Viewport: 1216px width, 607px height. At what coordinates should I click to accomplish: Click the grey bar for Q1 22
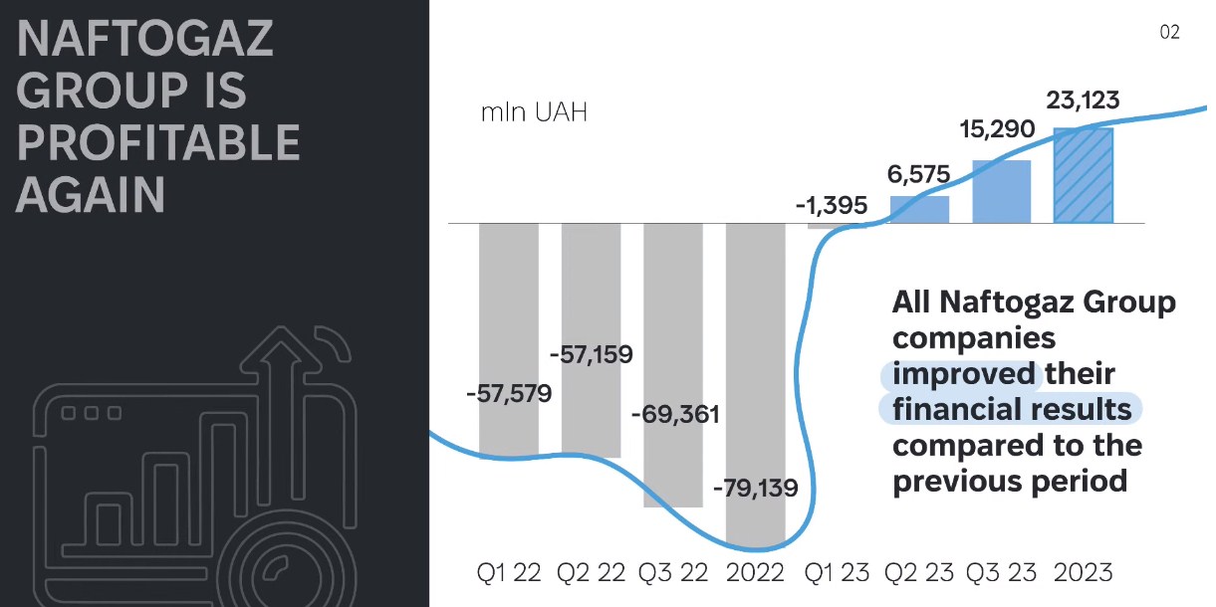click(x=508, y=299)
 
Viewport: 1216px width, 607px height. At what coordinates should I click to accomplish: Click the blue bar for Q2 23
click(x=919, y=209)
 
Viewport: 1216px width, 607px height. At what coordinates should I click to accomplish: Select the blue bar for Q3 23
click(x=1001, y=191)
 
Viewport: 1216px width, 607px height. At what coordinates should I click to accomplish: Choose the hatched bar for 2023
click(x=1083, y=175)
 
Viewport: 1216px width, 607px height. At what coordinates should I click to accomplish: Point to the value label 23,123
click(x=1083, y=101)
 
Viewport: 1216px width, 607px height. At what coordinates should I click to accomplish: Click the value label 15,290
click(x=997, y=129)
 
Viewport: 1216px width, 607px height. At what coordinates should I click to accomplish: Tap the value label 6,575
click(x=918, y=175)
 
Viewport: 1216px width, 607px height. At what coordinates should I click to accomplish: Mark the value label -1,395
click(x=832, y=206)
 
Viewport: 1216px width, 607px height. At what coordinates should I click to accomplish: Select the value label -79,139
click(x=756, y=488)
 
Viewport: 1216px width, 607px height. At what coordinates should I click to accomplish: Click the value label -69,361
click(x=675, y=414)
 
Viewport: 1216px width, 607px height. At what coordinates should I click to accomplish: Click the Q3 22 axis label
click(x=673, y=573)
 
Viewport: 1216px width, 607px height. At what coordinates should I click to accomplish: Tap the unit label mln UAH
click(x=534, y=112)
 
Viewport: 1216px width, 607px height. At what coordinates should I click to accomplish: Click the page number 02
click(x=1169, y=33)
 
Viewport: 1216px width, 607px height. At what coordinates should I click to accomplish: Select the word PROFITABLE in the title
click(x=158, y=143)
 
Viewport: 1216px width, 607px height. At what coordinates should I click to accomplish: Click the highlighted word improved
click(x=963, y=373)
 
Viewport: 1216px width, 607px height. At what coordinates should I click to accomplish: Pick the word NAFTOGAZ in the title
click(x=144, y=41)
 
